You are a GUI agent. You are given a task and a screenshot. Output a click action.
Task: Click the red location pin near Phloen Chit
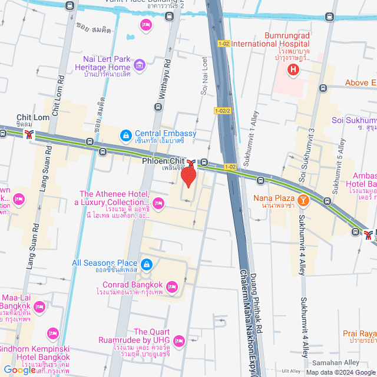(188, 176)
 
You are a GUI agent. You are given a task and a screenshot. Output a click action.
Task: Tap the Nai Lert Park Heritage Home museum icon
(140, 64)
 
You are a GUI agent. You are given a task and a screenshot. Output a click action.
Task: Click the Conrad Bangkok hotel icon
(171, 287)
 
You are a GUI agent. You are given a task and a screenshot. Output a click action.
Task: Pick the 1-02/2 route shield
(223, 111)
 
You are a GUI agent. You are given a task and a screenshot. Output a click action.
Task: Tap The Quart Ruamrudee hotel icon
(180, 342)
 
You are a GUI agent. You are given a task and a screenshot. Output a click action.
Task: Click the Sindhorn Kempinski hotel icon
(53, 333)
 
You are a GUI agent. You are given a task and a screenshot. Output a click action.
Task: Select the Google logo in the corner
(19, 370)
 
